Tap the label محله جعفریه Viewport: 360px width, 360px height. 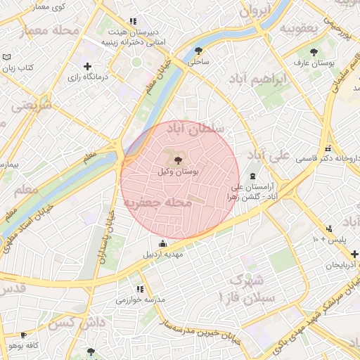(x=167, y=202)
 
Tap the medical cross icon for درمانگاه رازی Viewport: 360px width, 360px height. (x=87, y=67)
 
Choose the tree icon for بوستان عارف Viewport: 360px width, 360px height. (x=314, y=52)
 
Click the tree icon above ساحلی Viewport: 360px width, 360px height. (x=199, y=51)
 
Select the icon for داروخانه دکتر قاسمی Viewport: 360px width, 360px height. (x=328, y=148)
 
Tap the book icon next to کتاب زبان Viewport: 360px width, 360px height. (x=7, y=57)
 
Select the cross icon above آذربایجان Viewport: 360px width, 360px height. (x=354, y=254)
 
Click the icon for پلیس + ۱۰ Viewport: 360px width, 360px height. (x=329, y=229)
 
